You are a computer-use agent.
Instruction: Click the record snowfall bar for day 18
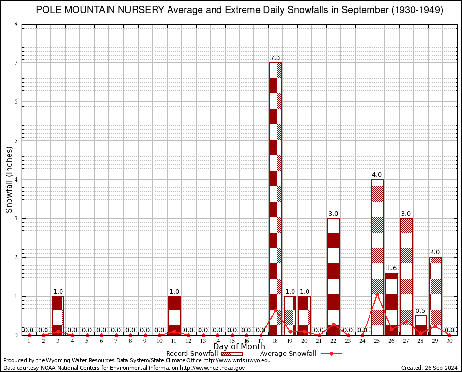click(x=276, y=199)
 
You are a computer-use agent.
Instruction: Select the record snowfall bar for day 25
click(x=377, y=257)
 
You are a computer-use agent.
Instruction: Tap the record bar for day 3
click(x=58, y=315)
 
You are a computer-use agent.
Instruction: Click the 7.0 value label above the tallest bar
click(x=276, y=58)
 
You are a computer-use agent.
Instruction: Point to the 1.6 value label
click(x=392, y=268)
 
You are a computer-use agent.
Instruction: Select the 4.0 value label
click(x=377, y=174)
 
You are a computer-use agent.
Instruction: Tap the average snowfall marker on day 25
click(x=377, y=294)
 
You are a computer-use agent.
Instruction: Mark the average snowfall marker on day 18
click(x=276, y=310)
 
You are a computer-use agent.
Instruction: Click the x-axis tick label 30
click(x=450, y=341)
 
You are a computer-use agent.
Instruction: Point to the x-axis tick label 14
click(x=217, y=341)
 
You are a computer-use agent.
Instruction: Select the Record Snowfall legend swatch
click(x=232, y=353)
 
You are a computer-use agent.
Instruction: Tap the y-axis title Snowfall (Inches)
click(x=9, y=179)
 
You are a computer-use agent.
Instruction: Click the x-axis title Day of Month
click(x=239, y=346)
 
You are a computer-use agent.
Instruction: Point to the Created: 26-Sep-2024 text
click(x=430, y=368)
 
